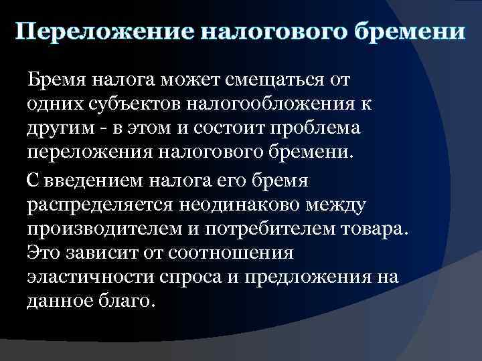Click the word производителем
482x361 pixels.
(x=111, y=227)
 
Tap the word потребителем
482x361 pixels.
(x=280, y=227)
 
